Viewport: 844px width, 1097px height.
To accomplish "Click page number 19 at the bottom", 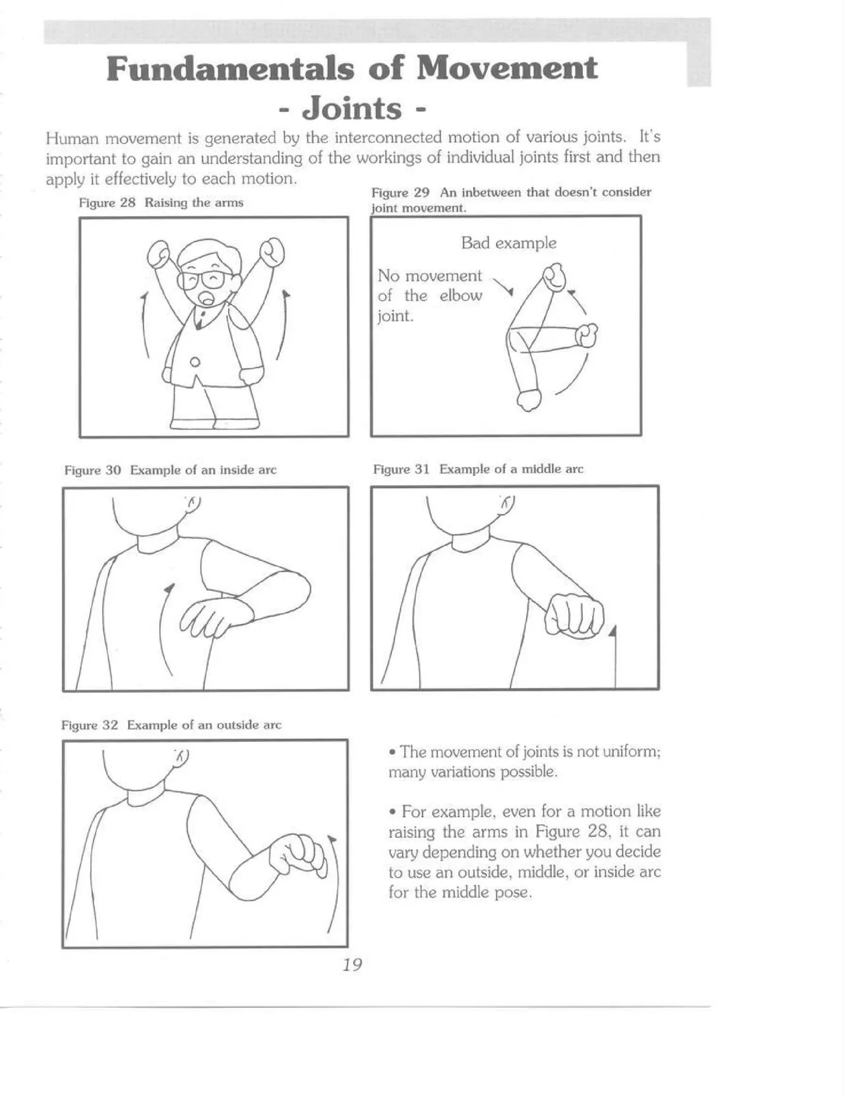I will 352,964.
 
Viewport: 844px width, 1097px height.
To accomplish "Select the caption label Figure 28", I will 107,203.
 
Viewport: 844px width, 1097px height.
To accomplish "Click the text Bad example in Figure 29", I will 508,243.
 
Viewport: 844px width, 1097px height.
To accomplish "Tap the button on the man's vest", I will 195,361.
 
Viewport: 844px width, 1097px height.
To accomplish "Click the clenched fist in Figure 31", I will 574,614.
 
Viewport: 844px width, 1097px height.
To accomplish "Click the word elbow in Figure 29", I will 460,296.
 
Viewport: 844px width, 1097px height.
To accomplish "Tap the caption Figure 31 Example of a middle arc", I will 478,469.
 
